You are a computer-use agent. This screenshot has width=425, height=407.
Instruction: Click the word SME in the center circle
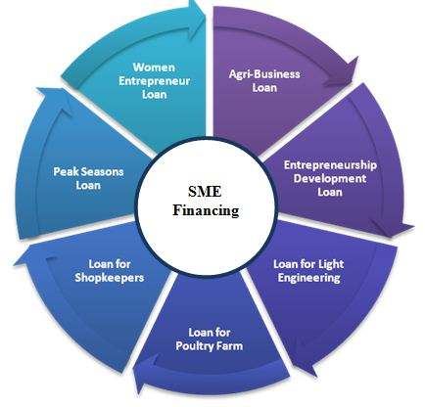pyautogui.click(x=205, y=191)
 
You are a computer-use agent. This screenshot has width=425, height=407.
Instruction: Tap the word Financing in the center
pyautogui.click(x=206, y=209)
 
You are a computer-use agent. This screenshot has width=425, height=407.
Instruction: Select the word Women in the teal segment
pyautogui.click(x=154, y=68)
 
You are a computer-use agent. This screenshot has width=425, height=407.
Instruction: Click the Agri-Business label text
pyautogui.click(x=264, y=74)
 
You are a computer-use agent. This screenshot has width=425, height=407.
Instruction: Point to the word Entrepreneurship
pyautogui.click(x=330, y=165)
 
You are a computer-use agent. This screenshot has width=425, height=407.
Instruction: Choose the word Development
pyautogui.click(x=330, y=178)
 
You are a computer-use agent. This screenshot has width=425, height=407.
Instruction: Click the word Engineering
pyautogui.click(x=308, y=278)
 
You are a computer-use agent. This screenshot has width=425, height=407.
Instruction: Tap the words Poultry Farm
pyautogui.click(x=210, y=345)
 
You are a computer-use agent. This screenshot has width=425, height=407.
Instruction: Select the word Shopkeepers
pyautogui.click(x=110, y=278)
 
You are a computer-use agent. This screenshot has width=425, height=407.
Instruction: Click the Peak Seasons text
pyautogui.click(x=88, y=171)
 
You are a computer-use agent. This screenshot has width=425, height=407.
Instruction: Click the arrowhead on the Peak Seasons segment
pyautogui.click(x=54, y=99)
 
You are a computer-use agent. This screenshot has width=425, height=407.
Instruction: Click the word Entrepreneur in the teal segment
pyautogui.click(x=154, y=81)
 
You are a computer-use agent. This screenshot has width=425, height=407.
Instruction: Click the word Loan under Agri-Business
pyautogui.click(x=264, y=88)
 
